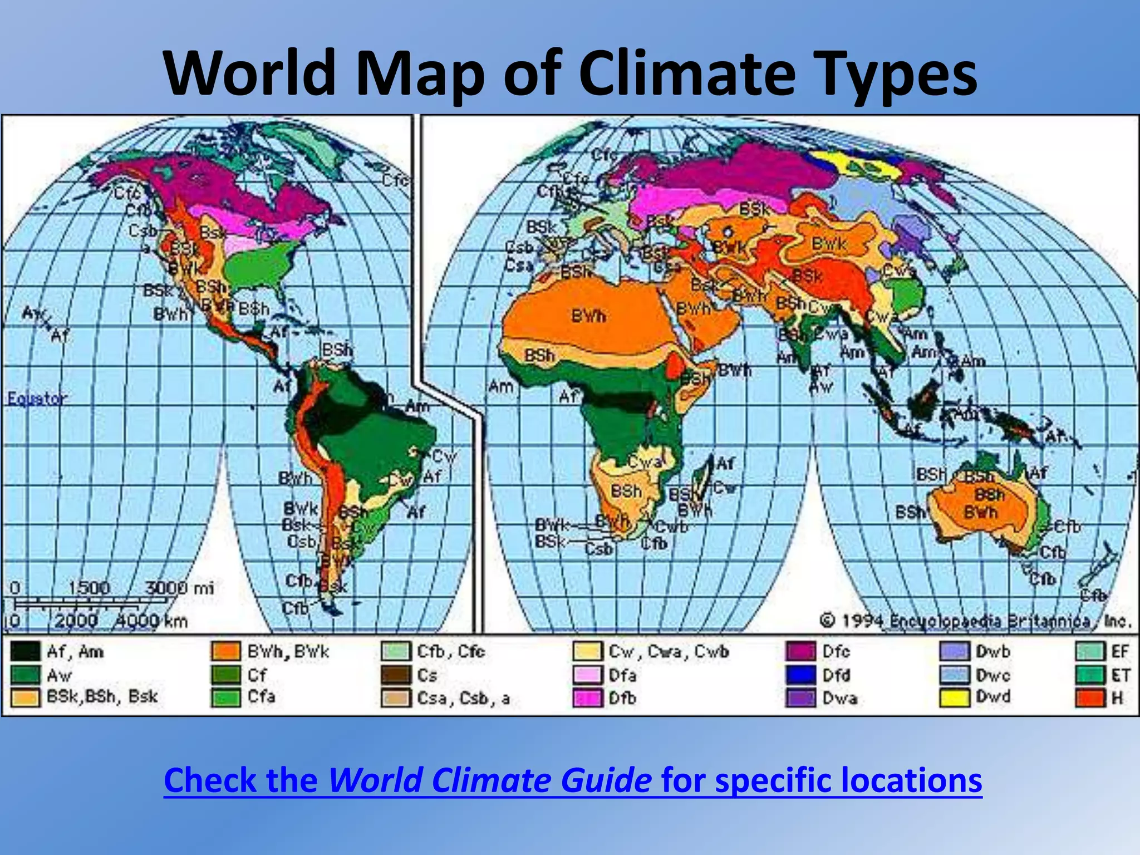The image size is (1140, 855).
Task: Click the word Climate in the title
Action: [687, 74]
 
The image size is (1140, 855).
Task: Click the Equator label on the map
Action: [37, 399]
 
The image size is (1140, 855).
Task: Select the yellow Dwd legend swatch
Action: [954, 697]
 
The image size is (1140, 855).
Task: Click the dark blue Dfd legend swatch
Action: [800, 675]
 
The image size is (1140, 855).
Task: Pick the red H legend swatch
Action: [1090, 697]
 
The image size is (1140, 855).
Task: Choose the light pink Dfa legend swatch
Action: [588, 675]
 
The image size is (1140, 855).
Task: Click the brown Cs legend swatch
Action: [396, 675]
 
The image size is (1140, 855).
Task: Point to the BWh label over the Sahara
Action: [588, 316]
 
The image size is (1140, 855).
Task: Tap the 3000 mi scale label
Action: [179, 588]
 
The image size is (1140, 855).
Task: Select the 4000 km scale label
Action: [151, 621]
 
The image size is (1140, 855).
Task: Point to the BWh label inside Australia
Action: [981, 512]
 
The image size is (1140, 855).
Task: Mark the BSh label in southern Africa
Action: [626, 492]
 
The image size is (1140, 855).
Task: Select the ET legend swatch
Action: [1090, 675]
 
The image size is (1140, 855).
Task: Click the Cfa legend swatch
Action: [226, 697]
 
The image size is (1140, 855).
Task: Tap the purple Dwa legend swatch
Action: [800, 697]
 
